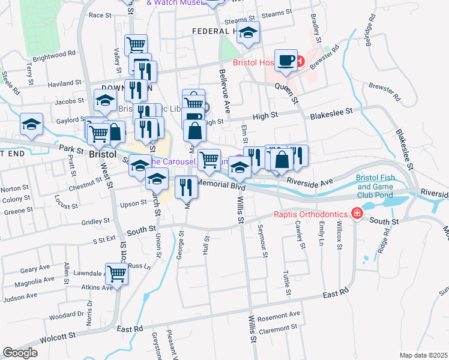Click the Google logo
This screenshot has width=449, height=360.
point(20,353)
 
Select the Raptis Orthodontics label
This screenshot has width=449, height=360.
point(312,214)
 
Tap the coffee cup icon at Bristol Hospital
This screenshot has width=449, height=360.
point(287,61)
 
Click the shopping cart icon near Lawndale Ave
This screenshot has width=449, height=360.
point(117,274)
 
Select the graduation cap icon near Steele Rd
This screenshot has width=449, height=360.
point(32,124)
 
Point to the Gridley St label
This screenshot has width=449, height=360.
point(95,221)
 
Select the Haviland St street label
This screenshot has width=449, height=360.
point(64,83)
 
